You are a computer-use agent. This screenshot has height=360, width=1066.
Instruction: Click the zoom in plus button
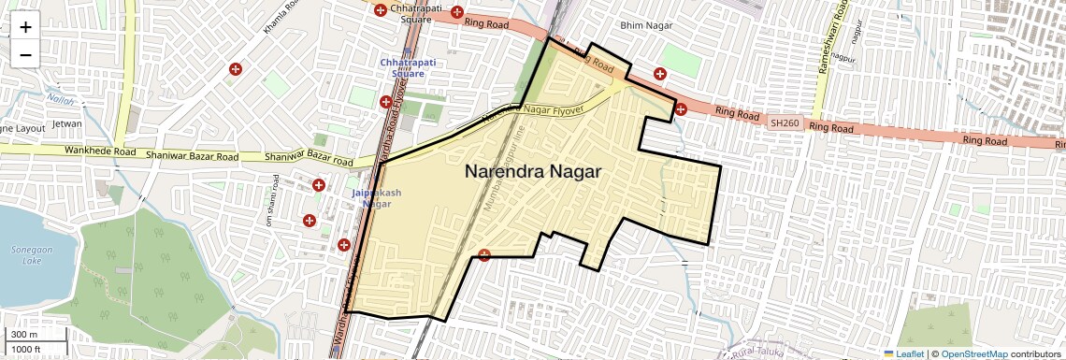click(25, 27)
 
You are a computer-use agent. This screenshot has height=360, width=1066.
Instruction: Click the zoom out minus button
click(25, 54)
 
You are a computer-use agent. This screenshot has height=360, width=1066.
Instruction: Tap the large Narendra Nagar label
click(532, 173)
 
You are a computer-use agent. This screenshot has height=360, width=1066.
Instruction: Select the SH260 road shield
click(785, 122)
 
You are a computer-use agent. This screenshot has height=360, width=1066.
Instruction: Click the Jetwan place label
click(67, 122)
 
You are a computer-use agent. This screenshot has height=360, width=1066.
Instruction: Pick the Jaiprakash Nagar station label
click(377, 197)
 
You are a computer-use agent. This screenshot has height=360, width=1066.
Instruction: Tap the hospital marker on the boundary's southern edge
click(483, 255)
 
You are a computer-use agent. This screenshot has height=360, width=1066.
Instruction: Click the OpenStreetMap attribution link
click(973, 353)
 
